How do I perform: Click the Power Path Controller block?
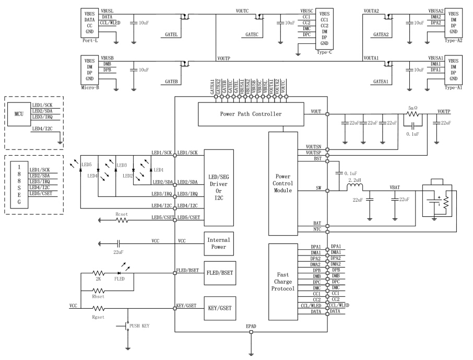[250, 114]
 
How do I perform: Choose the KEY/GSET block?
[218, 308]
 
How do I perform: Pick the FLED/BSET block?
[218, 272]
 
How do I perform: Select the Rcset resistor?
[122, 220]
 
